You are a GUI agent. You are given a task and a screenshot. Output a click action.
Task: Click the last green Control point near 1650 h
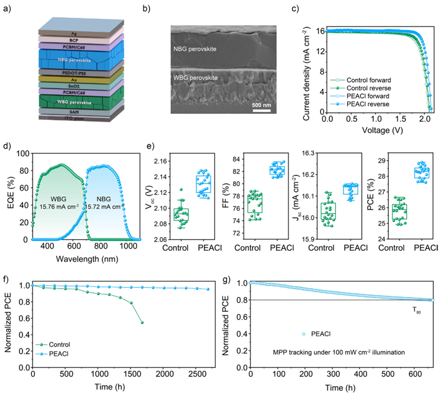[x=142, y=322]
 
